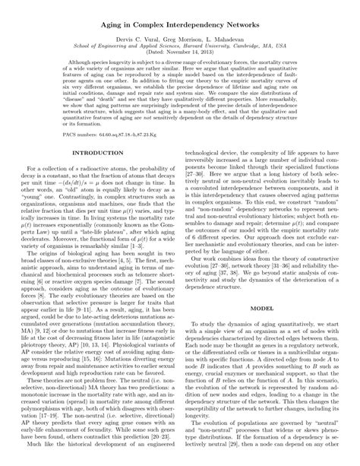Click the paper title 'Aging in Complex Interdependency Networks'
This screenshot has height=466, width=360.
180,25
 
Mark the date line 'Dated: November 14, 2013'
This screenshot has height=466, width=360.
180,52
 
